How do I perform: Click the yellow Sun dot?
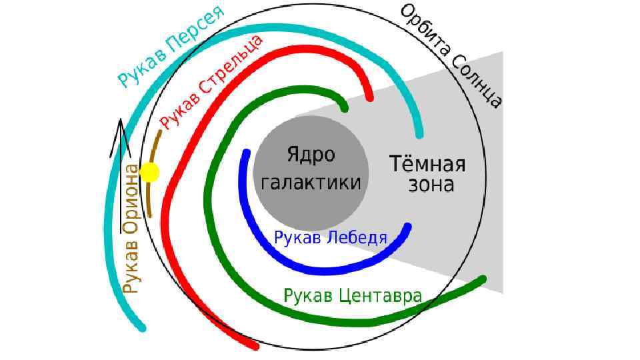[150, 173]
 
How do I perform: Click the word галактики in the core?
[311, 183]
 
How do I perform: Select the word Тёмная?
[427, 163]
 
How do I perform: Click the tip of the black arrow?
[120, 120]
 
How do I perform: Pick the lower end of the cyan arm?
[142, 327]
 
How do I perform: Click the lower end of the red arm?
[255, 345]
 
